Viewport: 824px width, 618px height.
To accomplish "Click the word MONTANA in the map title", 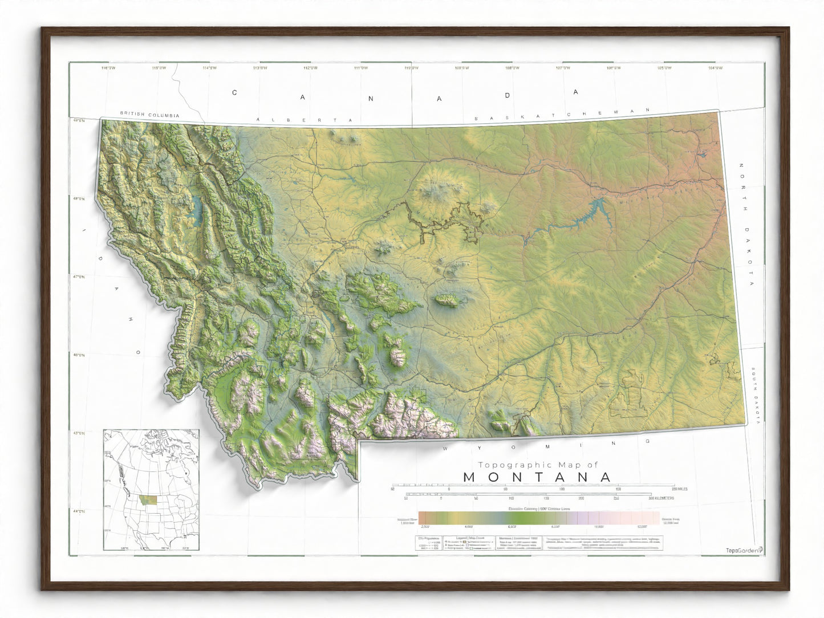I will (x=537, y=477).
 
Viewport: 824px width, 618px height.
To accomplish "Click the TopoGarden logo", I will (x=743, y=550).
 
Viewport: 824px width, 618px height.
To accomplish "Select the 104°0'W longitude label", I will (x=715, y=68).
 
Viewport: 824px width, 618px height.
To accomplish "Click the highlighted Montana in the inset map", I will (x=150, y=500).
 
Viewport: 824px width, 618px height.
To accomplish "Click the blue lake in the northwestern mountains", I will (x=197, y=211).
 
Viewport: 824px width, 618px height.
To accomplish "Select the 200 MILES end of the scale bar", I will (x=680, y=489).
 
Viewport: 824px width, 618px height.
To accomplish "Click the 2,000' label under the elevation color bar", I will (x=425, y=527).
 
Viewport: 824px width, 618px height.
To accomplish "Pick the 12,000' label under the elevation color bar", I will (x=642, y=527).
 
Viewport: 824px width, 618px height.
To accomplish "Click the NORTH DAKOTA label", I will (x=747, y=225).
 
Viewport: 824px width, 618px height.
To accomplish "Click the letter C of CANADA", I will (x=234, y=92).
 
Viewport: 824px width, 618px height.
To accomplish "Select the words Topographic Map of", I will (x=538, y=465).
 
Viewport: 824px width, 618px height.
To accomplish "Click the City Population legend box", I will (x=429, y=543).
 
